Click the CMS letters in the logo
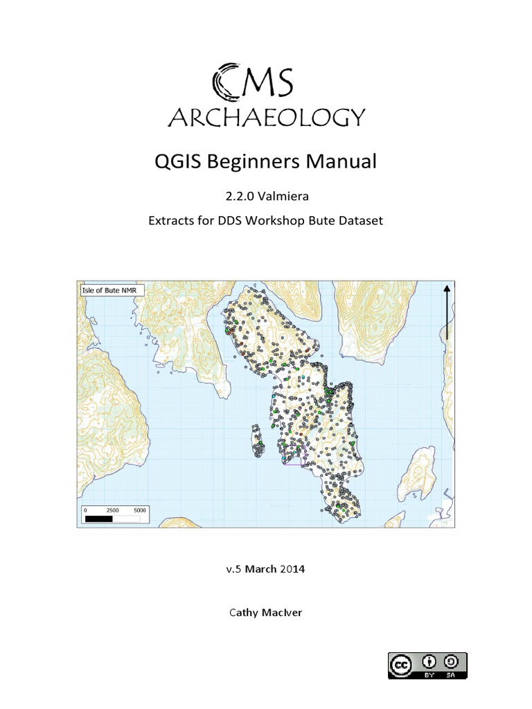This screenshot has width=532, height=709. tap(253, 81)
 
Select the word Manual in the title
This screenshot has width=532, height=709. tap(340, 163)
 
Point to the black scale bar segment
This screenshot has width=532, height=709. tap(98, 517)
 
